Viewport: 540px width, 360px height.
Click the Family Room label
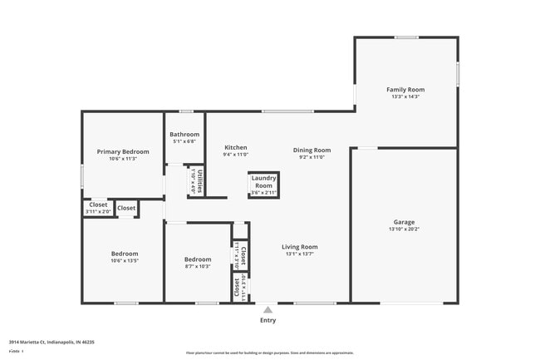click(x=405, y=89)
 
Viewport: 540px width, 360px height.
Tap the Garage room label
click(x=404, y=222)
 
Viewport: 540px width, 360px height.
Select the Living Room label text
click(x=299, y=247)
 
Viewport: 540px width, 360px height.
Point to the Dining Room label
click(x=312, y=150)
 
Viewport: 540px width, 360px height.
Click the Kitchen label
click(x=235, y=148)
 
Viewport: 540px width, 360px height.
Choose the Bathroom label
click(x=184, y=134)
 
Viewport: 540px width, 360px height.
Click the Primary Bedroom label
click(x=123, y=151)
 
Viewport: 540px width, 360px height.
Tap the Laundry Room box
click(x=264, y=185)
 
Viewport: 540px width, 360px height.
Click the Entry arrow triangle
click(x=268, y=310)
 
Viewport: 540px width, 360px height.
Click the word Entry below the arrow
click(x=268, y=320)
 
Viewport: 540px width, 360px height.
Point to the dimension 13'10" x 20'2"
click(x=405, y=229)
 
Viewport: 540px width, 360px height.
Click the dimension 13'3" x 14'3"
click(x=405, y=96)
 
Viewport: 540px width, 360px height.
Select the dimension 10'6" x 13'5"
click(x=125, y=260)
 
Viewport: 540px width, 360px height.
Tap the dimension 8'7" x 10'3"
click(x=198, y=266)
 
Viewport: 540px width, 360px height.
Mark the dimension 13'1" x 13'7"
click(x=299, y=254)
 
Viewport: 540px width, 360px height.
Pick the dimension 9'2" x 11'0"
click(x=312, y=157)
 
